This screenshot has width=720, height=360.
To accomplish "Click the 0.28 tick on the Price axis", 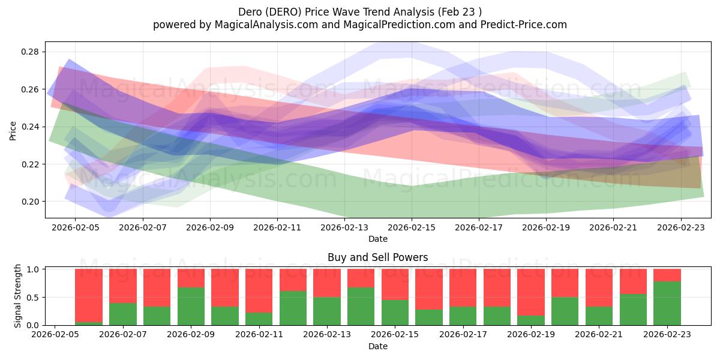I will (31, 52).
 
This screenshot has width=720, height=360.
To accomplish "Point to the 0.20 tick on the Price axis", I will (31, 202).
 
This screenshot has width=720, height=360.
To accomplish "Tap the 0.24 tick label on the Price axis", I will (31, 127).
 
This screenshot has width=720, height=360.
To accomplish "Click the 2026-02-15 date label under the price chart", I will (412, 227).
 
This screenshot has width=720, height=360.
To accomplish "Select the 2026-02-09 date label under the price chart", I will (210, 227).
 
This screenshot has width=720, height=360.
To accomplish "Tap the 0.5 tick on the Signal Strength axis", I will (34, 297).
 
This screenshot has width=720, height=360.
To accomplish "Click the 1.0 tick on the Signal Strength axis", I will (34, 269).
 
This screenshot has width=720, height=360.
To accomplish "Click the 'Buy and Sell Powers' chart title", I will (377, 257).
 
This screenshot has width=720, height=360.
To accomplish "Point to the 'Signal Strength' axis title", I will (18, 295).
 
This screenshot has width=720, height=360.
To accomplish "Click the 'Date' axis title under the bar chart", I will (377, 346).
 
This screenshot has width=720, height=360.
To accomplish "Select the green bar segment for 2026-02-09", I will (191, 306).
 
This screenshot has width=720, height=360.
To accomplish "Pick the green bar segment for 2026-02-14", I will (361, 306).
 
